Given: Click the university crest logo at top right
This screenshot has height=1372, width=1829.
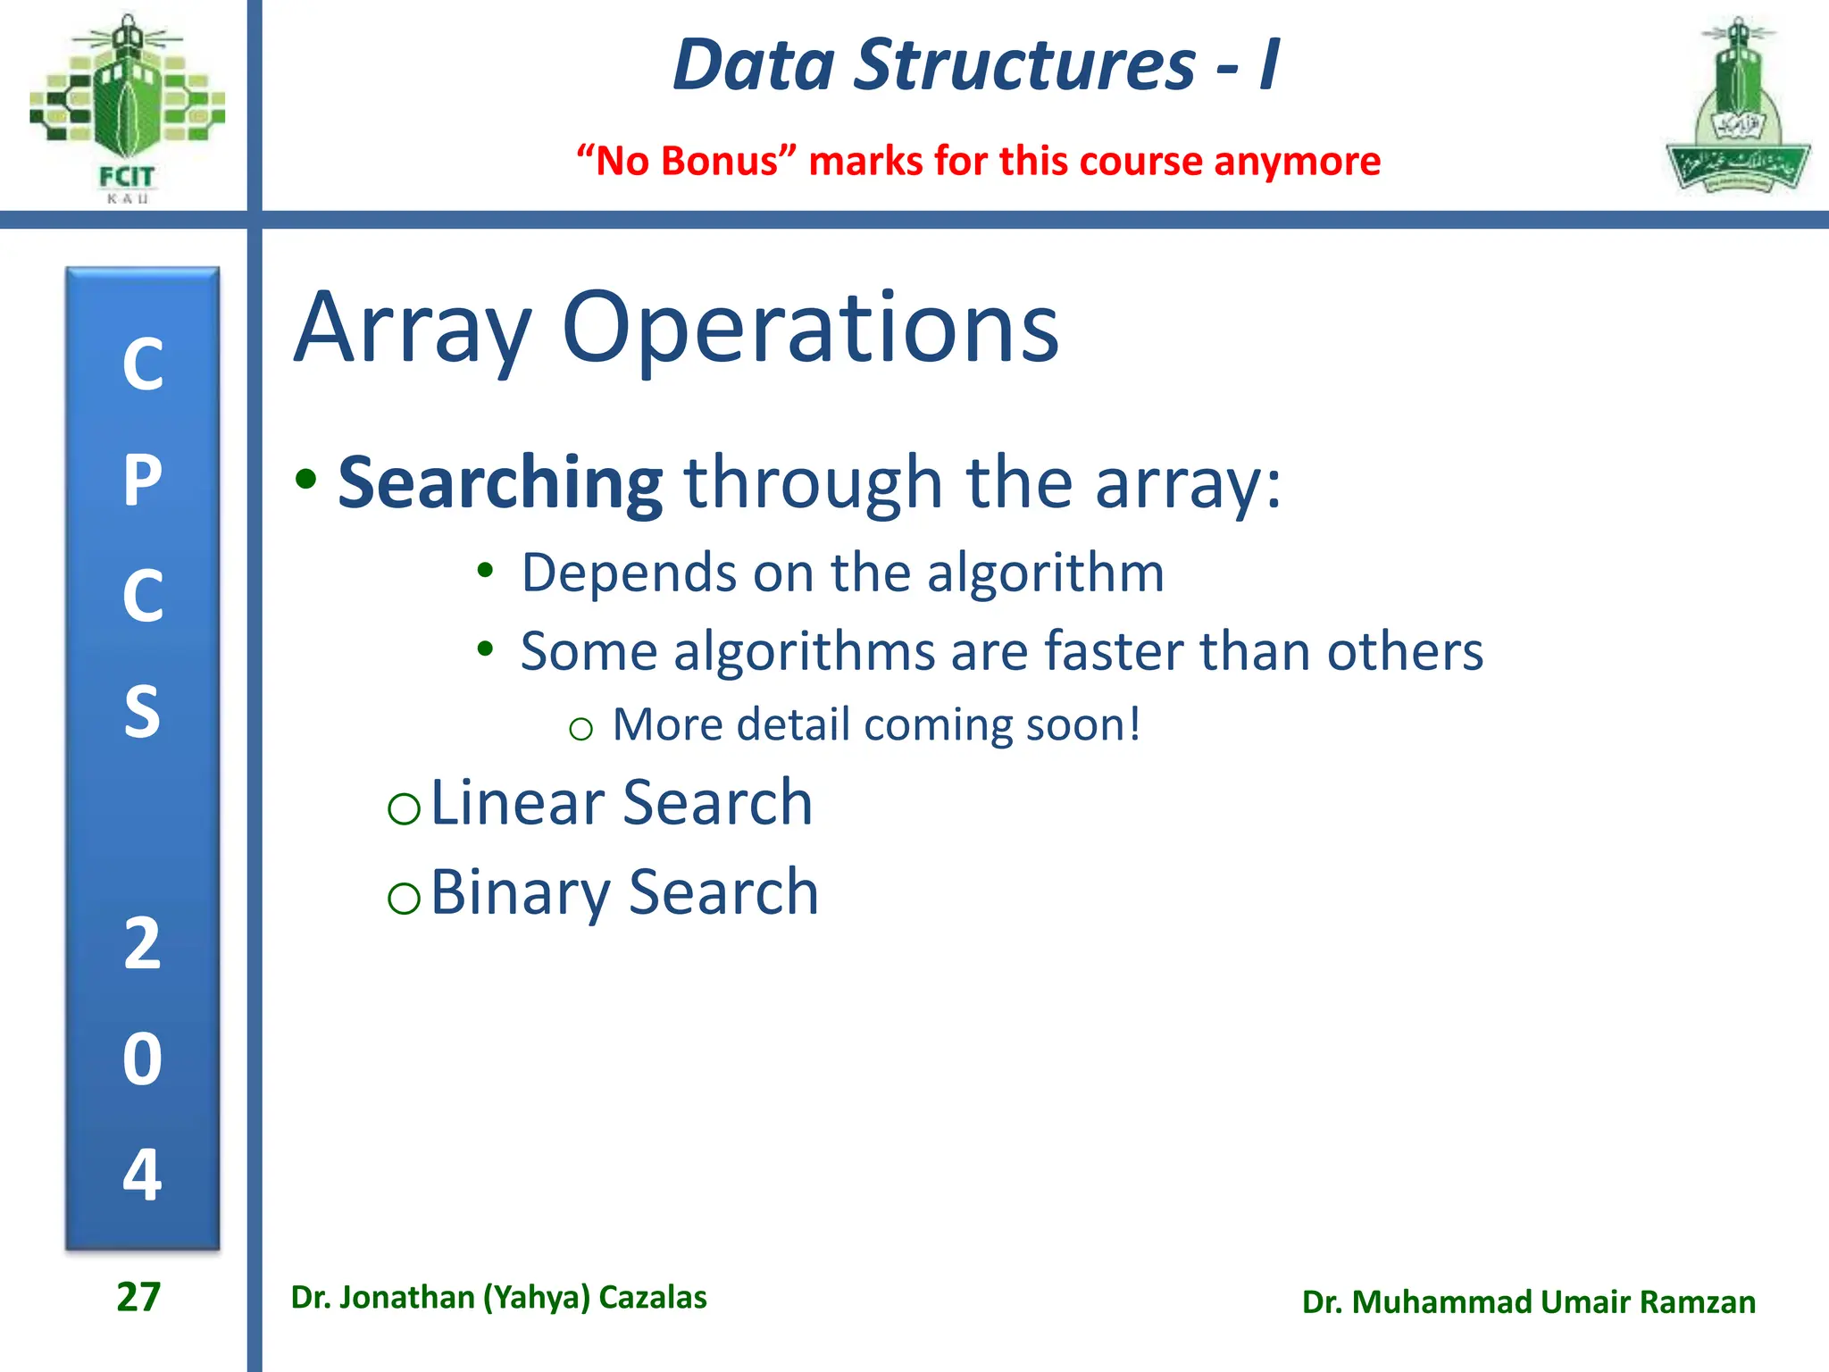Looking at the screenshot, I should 1737,107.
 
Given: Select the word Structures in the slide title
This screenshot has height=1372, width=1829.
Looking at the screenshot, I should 1024,65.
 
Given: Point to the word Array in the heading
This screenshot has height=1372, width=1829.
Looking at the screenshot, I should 413,329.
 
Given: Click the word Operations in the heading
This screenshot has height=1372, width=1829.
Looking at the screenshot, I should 810,329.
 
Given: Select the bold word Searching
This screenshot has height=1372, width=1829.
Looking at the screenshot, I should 500,483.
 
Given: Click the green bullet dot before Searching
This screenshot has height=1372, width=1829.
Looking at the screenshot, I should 306,480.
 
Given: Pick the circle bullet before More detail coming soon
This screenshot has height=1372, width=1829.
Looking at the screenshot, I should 580,729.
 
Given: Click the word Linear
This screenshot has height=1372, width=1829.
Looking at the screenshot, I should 518,802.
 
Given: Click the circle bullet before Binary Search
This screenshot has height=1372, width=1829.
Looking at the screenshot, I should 404,897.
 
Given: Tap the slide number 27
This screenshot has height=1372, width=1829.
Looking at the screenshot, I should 138,1297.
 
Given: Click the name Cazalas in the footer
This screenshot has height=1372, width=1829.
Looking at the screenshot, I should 652,1297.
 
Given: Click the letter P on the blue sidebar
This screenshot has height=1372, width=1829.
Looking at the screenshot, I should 143,481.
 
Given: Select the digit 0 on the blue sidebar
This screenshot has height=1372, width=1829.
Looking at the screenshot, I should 143,1059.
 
